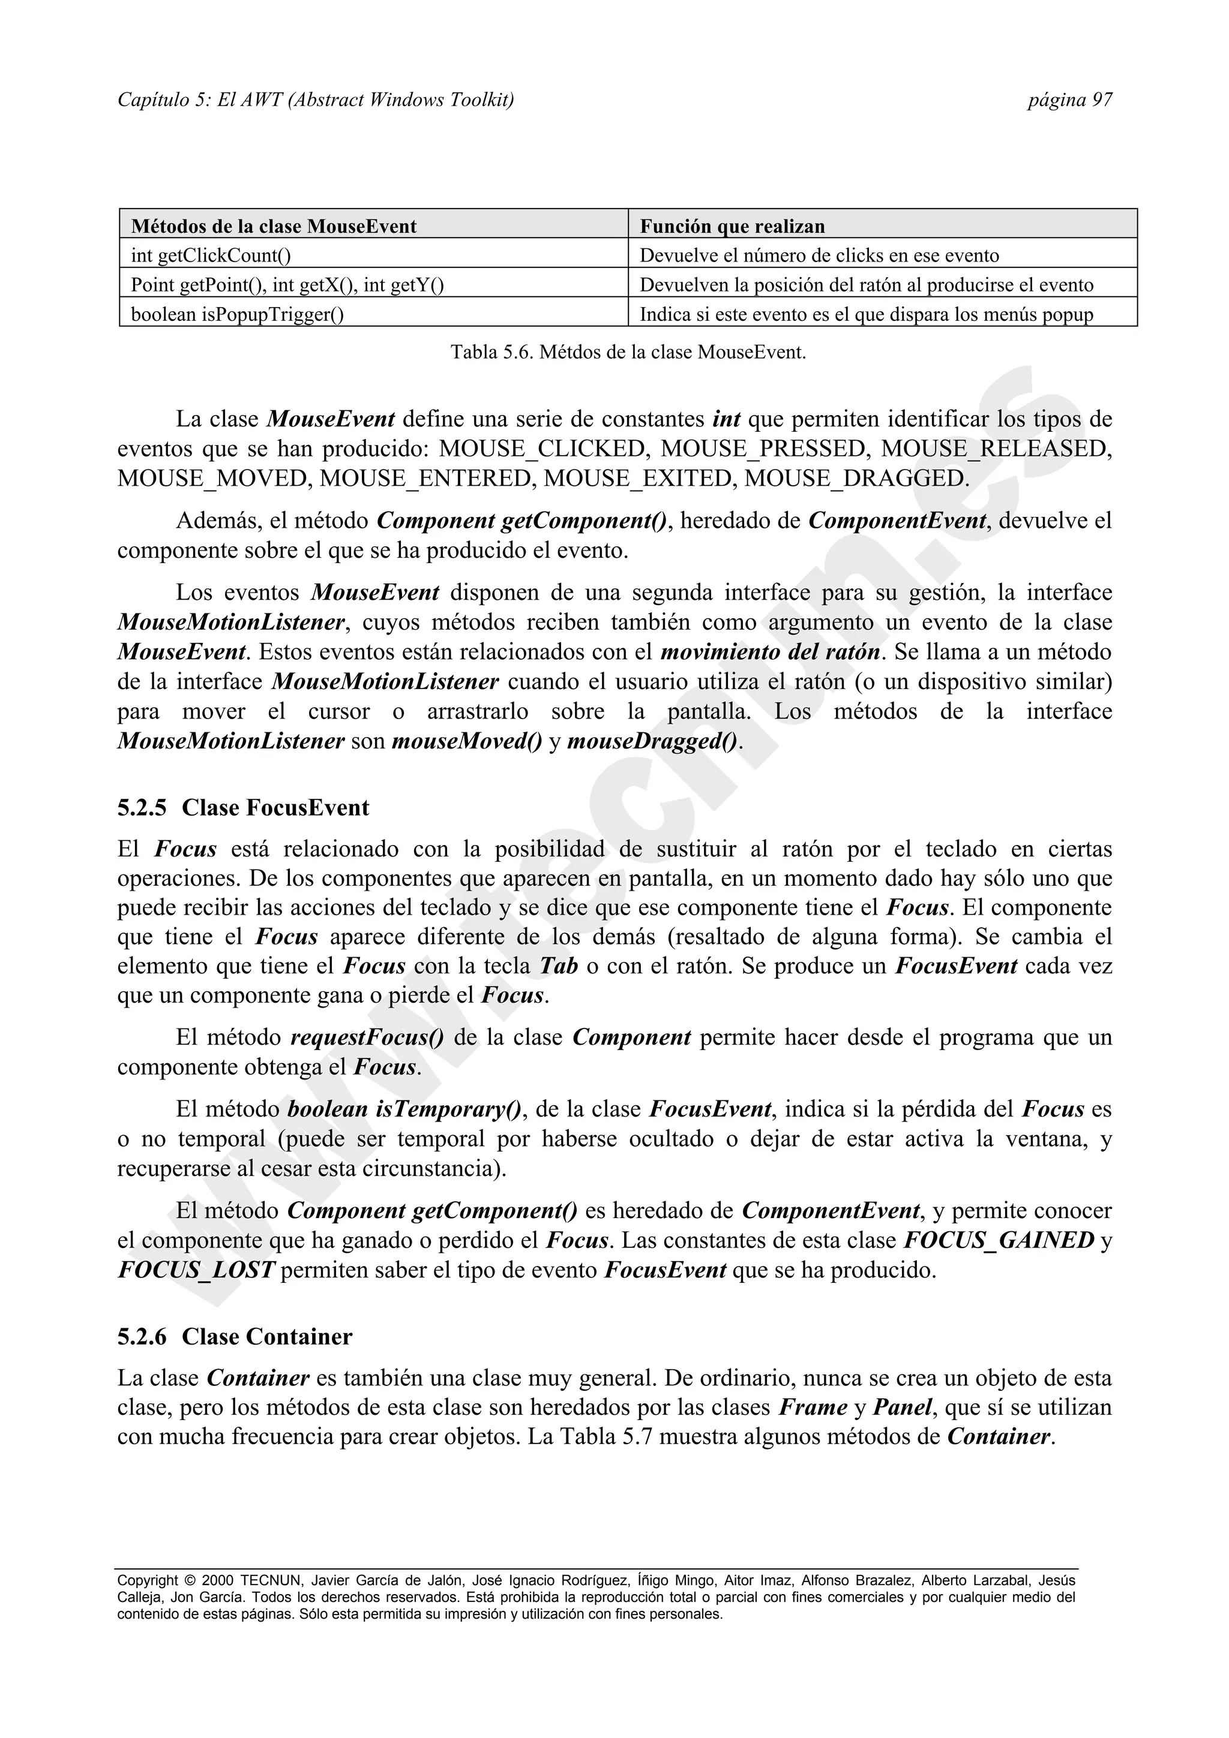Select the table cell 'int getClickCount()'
click(x=211, y=256)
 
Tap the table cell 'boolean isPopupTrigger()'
click(x=237, y=314)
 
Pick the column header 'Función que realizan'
click(x=732, y=226)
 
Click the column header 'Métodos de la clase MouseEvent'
click(x=274, y=226)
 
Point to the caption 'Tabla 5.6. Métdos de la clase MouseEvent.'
click(x=628, y=352)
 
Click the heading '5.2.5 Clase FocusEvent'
click(x=242, y=808)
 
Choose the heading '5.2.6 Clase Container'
click(x=234, y=1337)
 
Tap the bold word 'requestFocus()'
click(x=367, y=1038)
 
